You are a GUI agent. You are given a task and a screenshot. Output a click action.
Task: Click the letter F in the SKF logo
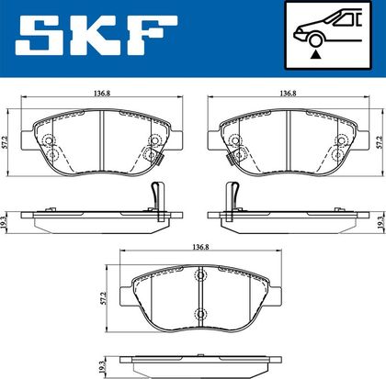coord(153,35)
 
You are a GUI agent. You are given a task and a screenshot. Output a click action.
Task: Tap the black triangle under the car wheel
coord(315,55)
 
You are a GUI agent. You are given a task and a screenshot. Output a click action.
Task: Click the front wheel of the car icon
coord(315,40)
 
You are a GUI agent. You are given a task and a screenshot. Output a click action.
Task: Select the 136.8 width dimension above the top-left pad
coord(102,94)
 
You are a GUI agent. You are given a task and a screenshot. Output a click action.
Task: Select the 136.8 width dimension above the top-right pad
coord(288,94)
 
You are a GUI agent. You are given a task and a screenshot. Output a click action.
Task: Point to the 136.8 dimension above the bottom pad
coord(200,247)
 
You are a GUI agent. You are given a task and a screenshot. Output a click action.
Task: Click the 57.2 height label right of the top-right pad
coord(381,142)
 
